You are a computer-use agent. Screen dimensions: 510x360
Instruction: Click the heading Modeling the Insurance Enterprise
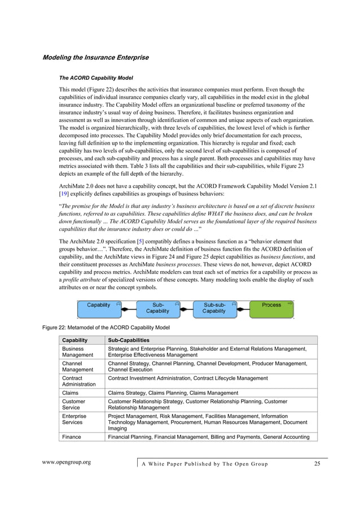[x=96, y=58]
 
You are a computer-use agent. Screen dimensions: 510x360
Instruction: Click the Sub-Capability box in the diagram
[x=158, y=308]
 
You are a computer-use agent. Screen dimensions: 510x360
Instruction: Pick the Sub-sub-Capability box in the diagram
[x=214, y=308]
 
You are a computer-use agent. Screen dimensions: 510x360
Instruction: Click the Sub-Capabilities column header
[x=129, y=341]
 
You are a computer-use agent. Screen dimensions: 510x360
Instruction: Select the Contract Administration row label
[x=79, y=381]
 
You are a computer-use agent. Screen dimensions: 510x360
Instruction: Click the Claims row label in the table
[x=71, y=393]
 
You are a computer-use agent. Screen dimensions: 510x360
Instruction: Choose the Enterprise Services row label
[x=74, y=419]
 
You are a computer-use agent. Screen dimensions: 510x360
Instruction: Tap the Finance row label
[x=72, y=437]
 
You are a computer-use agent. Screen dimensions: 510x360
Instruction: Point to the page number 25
[x=317, y=464]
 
